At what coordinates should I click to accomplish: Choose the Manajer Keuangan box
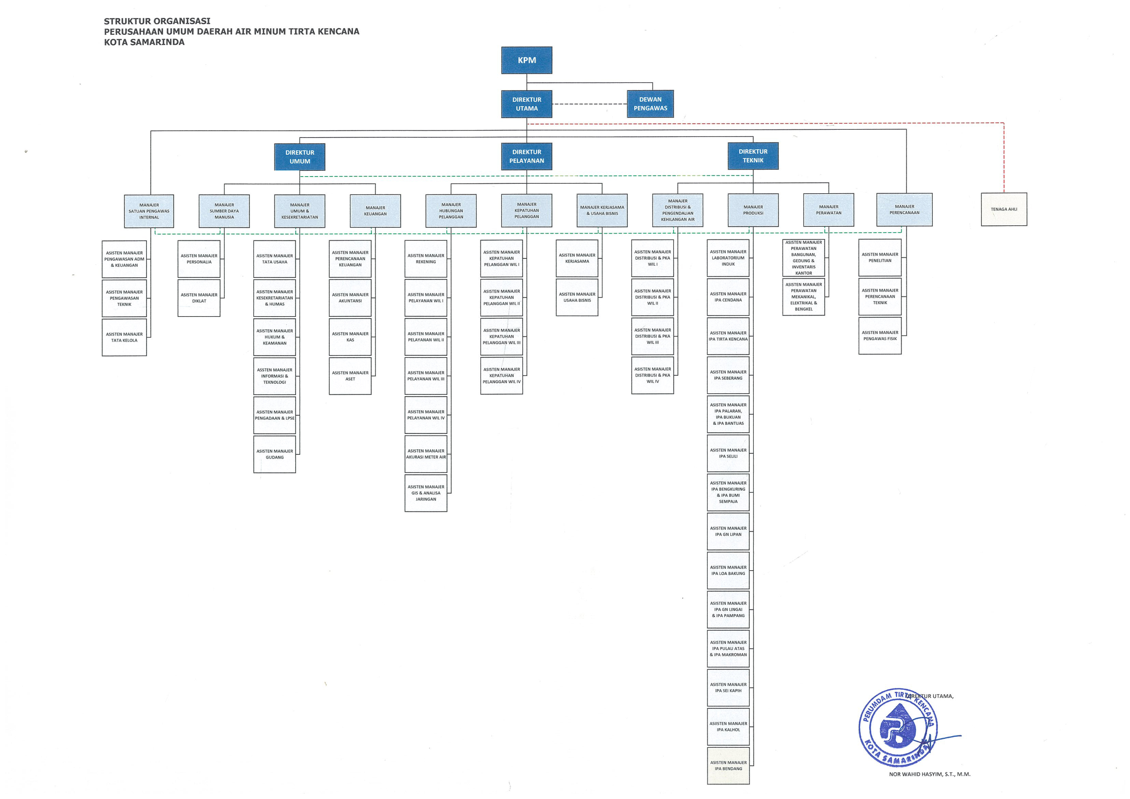pyautogui.click(x=375, y=211)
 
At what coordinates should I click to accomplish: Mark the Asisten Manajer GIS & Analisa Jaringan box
pyautogui.click(x=426, y=493)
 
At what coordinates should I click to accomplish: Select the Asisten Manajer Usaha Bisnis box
pyautogui.click(x=577, y=297)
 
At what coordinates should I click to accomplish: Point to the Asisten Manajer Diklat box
pyautogui.click(x=199, y=298)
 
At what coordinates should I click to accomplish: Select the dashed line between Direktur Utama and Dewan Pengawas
pyautogui.click(x=589, y=104)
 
